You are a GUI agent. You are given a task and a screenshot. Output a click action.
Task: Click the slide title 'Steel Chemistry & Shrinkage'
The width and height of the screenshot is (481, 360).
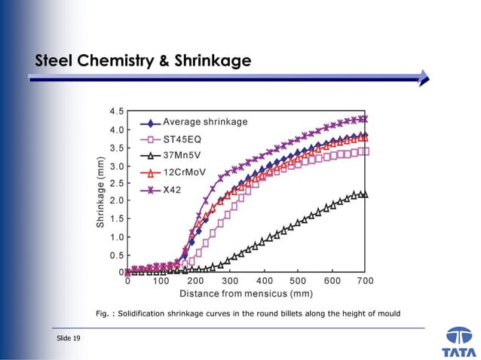coord(143,60)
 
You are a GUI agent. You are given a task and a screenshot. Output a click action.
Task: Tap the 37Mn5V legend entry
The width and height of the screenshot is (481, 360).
coord(188,155)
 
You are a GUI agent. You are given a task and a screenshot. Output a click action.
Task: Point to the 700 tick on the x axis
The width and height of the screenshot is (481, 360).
coord(366,281)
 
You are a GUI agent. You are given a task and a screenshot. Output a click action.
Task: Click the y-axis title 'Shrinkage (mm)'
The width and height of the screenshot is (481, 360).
coord(100,192)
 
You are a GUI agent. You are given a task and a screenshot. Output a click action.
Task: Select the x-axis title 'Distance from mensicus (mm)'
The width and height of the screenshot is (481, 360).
coord(246,293)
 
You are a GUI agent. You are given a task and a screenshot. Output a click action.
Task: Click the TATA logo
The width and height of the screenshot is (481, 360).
coord(460,343)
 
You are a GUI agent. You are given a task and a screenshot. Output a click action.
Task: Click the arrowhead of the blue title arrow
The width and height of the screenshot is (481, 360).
coord(424,77)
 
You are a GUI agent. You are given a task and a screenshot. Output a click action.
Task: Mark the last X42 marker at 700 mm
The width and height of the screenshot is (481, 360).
coord(363,119)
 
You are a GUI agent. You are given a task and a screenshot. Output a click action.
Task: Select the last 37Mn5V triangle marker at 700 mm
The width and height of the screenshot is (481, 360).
coord(363,194)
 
